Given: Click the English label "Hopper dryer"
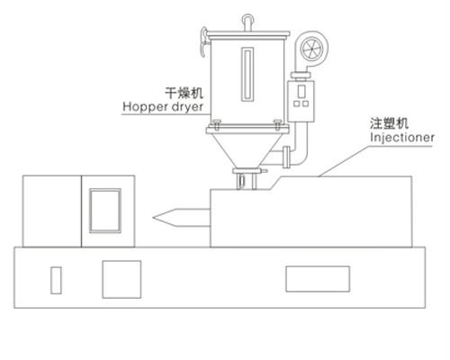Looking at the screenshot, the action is point(163,107).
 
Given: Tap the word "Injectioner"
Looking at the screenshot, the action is point(402,138).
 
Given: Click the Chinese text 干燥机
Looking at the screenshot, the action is point(184,93).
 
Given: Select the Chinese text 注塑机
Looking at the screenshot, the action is point(389,123).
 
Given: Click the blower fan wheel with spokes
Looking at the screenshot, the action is point(312,49).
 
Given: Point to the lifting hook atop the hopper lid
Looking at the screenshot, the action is point(247,22).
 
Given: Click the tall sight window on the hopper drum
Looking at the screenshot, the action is point(247,74).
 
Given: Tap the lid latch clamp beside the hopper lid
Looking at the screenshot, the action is point(203,41).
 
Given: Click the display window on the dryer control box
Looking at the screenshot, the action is point(301,92).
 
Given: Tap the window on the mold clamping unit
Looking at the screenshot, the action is point(105,211).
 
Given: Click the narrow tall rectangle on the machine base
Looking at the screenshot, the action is point(56,280).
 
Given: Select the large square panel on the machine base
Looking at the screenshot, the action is point(121,279).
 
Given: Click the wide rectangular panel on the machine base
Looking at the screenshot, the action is point(318,279).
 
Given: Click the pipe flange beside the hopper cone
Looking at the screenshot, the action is point(286,157).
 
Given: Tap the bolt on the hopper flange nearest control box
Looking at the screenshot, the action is point(278,124).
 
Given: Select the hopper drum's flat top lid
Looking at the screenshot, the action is point(248,33).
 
